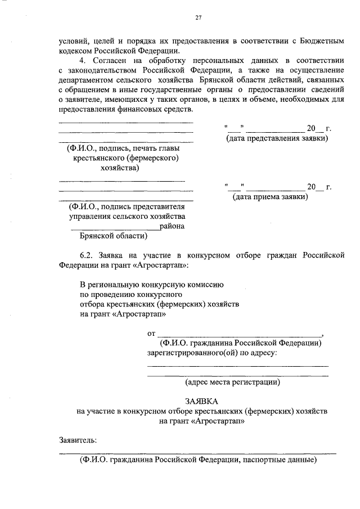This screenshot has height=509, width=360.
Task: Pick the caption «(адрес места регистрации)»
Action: pyautogui.click(x=233, y=382)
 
